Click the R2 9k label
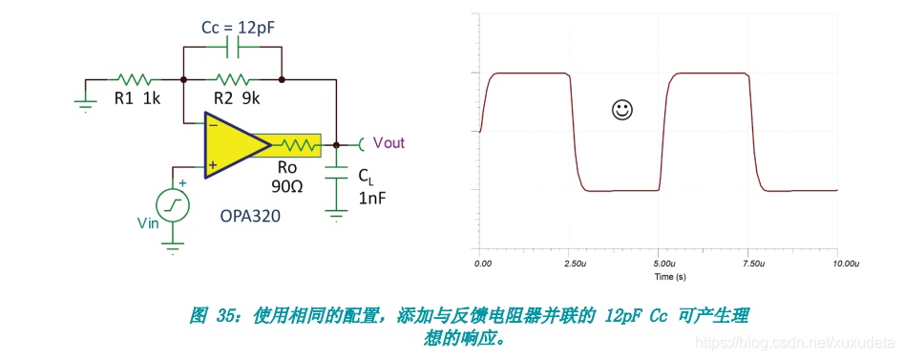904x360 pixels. click(x=238, y=98)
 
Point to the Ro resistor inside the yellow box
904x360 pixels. click(x=298, y=145)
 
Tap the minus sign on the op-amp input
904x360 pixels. click(x=212, y=123)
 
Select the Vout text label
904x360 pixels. click(x=389, y=142)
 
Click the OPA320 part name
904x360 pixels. click(x=250, y=217)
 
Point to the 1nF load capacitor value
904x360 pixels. click(x=371, y=199)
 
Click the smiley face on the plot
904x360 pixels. click(x=621, y=110)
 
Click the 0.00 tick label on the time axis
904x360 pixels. click(x=483, y=264)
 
